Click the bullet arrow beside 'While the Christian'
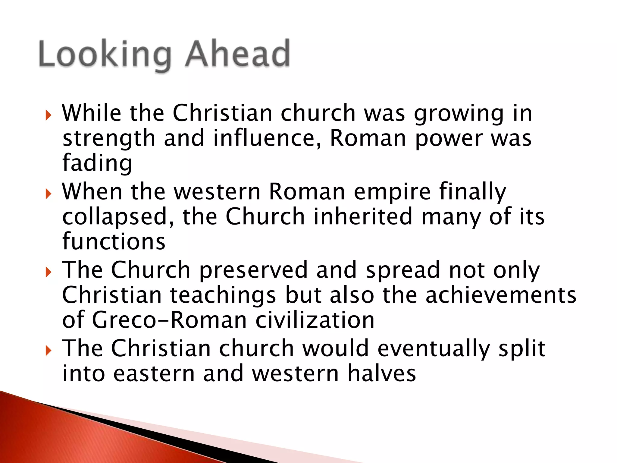click(x=48, y=115)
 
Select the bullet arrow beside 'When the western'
click(x=48, y=194)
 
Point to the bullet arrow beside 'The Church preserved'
click(x=48, y=272)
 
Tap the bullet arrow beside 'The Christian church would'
click(x=48, y=351)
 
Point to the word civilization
click(x=315, y=320)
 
